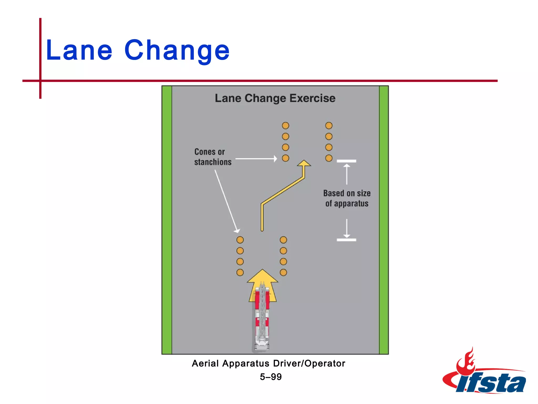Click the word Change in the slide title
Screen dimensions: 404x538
click(177, 50)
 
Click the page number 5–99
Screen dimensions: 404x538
click(271, 377)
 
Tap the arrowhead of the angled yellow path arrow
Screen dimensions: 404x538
click(304, 164)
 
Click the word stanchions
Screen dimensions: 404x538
click(213, 162)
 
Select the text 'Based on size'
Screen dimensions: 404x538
click(347, 193)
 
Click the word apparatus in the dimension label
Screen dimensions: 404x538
click(351, 204)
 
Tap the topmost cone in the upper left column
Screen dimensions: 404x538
click(286, 126)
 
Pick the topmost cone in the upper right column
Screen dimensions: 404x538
click(329, 126)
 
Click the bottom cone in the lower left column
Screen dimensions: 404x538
click(240, 272)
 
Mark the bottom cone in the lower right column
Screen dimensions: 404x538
click(283, 272)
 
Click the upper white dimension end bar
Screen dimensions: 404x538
click(346, 161)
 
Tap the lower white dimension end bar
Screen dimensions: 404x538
click(346, 240)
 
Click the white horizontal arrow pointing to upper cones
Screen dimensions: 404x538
click(256, 159)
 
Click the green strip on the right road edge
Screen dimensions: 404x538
click(384, 220)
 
